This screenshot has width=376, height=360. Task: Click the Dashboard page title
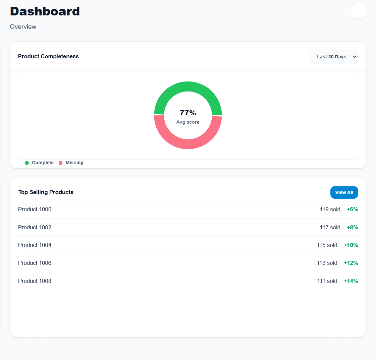45,11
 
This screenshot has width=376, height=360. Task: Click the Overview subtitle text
23,27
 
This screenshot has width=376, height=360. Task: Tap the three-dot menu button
358,11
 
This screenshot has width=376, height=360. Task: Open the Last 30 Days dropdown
334,57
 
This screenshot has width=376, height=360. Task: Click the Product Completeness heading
48,56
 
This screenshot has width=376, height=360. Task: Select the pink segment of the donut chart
188,144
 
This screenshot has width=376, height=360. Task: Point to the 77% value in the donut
188,113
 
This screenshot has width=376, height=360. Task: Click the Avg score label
188,122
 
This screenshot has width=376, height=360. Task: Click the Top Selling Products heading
46,192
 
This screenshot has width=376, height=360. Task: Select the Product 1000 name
35,209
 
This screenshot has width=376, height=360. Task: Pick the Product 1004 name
35,245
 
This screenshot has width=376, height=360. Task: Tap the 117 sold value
330,227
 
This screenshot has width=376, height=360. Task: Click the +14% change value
351,281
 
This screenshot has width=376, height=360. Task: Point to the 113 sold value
327,263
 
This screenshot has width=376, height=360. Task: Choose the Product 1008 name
35,281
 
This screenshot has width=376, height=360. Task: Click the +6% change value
352,209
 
